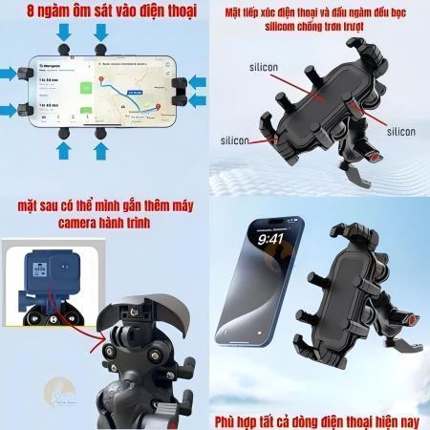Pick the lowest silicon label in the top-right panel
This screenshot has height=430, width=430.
pyautogui.click(x=232, y=140)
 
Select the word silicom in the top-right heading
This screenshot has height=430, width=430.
pyautogui.click(x=281, y=29)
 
